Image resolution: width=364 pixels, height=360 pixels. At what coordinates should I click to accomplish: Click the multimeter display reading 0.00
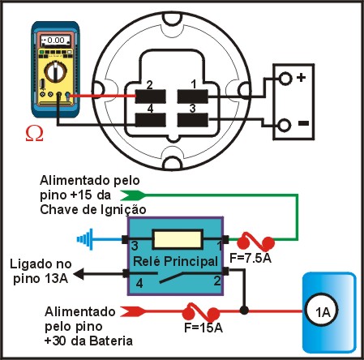[56, 41]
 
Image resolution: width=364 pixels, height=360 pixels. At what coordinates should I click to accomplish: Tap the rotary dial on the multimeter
[55, 71]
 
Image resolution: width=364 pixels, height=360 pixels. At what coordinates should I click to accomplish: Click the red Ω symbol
[34, 134]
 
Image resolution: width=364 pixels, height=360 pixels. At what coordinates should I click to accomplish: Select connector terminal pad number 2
[150, 96]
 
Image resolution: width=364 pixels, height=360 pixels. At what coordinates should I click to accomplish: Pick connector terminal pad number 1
[193, 96]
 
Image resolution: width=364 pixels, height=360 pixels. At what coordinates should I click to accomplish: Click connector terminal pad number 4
[150, 120]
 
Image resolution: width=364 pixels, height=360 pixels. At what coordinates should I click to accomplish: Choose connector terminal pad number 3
[193, 120]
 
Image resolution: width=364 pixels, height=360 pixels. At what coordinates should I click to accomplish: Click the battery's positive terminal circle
[285, 79]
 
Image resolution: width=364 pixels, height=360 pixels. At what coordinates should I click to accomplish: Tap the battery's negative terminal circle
[285, 126]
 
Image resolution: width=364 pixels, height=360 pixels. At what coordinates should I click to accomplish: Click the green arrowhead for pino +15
[132, 195]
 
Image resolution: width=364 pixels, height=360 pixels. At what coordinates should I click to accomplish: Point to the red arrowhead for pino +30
[133, 311]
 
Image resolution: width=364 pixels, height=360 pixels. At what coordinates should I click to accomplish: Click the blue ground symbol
[85, 239]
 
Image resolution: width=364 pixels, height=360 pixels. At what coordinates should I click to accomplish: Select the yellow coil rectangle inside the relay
[178, 239]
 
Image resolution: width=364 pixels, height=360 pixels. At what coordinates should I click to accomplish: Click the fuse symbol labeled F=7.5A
[255, 242]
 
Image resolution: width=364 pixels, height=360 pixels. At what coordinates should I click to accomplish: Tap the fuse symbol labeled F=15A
[200, 312]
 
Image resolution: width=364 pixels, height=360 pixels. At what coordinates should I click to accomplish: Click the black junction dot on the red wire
[244, 311]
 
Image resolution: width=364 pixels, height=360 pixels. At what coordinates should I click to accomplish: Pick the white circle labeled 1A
[322, 312]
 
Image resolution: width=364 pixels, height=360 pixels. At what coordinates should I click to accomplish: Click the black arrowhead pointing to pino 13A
[79, 274]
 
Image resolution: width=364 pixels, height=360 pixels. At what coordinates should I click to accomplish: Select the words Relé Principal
[175, 261]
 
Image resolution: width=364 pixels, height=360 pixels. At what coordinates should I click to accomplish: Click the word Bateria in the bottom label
[111, 341]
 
